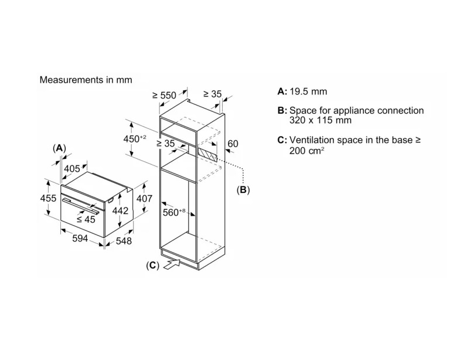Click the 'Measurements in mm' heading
click(86, 80)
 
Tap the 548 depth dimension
click(124, 240)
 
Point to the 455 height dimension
click(48, 198)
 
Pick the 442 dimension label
click(120, 210)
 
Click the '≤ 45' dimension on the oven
click(86, 219)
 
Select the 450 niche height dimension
click(134, 138)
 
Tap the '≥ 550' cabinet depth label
click(164, 95)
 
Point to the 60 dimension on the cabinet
click(233, 144)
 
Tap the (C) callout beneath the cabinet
click(152, 265)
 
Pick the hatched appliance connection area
click(206, 154)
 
